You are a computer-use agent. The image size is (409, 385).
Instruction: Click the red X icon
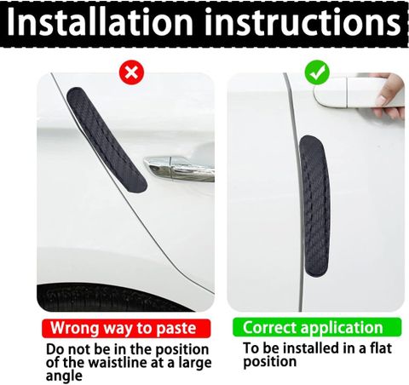pyautogui.click(x=131, y=72)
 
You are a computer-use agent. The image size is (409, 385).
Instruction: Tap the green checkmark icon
pyautogui.click(x=317, y=72)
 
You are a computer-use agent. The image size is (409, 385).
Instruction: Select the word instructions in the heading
pyautogui.click(x=303, y=22)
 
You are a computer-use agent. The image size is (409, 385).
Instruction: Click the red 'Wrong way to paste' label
pyautogui.click(x=126, y=328)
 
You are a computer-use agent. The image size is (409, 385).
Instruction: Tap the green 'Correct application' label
pyautogui.click(x=317, y=327)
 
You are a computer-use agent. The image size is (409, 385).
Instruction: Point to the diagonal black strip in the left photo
pyautogui.click(x=107, y=140)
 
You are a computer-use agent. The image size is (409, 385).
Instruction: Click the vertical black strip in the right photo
pyautogui.click(x=314, y=206)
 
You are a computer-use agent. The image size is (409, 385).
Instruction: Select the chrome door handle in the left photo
pyautogui.click(x=179, y=168)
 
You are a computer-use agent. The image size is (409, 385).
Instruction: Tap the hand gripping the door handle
pyautogui.click(x=390, y=96)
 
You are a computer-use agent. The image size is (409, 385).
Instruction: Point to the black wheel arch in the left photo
pyautogui.click(x=113, y=297)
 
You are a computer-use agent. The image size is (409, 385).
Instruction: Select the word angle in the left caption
pyautogui.click(x=64, y=376)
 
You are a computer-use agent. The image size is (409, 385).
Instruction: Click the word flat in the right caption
pyautogui.click(x=381, y=348)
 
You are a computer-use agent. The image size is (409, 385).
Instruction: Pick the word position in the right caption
pyautogui.click(x=270, y=362)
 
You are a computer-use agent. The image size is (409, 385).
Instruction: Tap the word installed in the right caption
pyautogui.click(x=313, y=348)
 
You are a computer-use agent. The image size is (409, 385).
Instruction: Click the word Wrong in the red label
pyautogui.click(x=75, y=328)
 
